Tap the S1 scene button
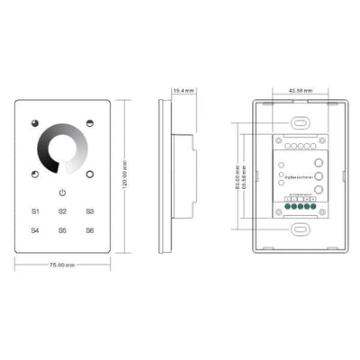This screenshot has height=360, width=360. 35,211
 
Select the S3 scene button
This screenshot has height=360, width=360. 90,211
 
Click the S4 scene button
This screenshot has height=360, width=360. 35,230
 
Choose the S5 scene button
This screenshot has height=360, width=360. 63,230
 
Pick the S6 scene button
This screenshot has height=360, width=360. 90,230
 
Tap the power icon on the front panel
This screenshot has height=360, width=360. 63,193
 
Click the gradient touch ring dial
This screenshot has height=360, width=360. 63,147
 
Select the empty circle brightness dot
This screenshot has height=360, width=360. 91,173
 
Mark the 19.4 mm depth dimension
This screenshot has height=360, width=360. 184,91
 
